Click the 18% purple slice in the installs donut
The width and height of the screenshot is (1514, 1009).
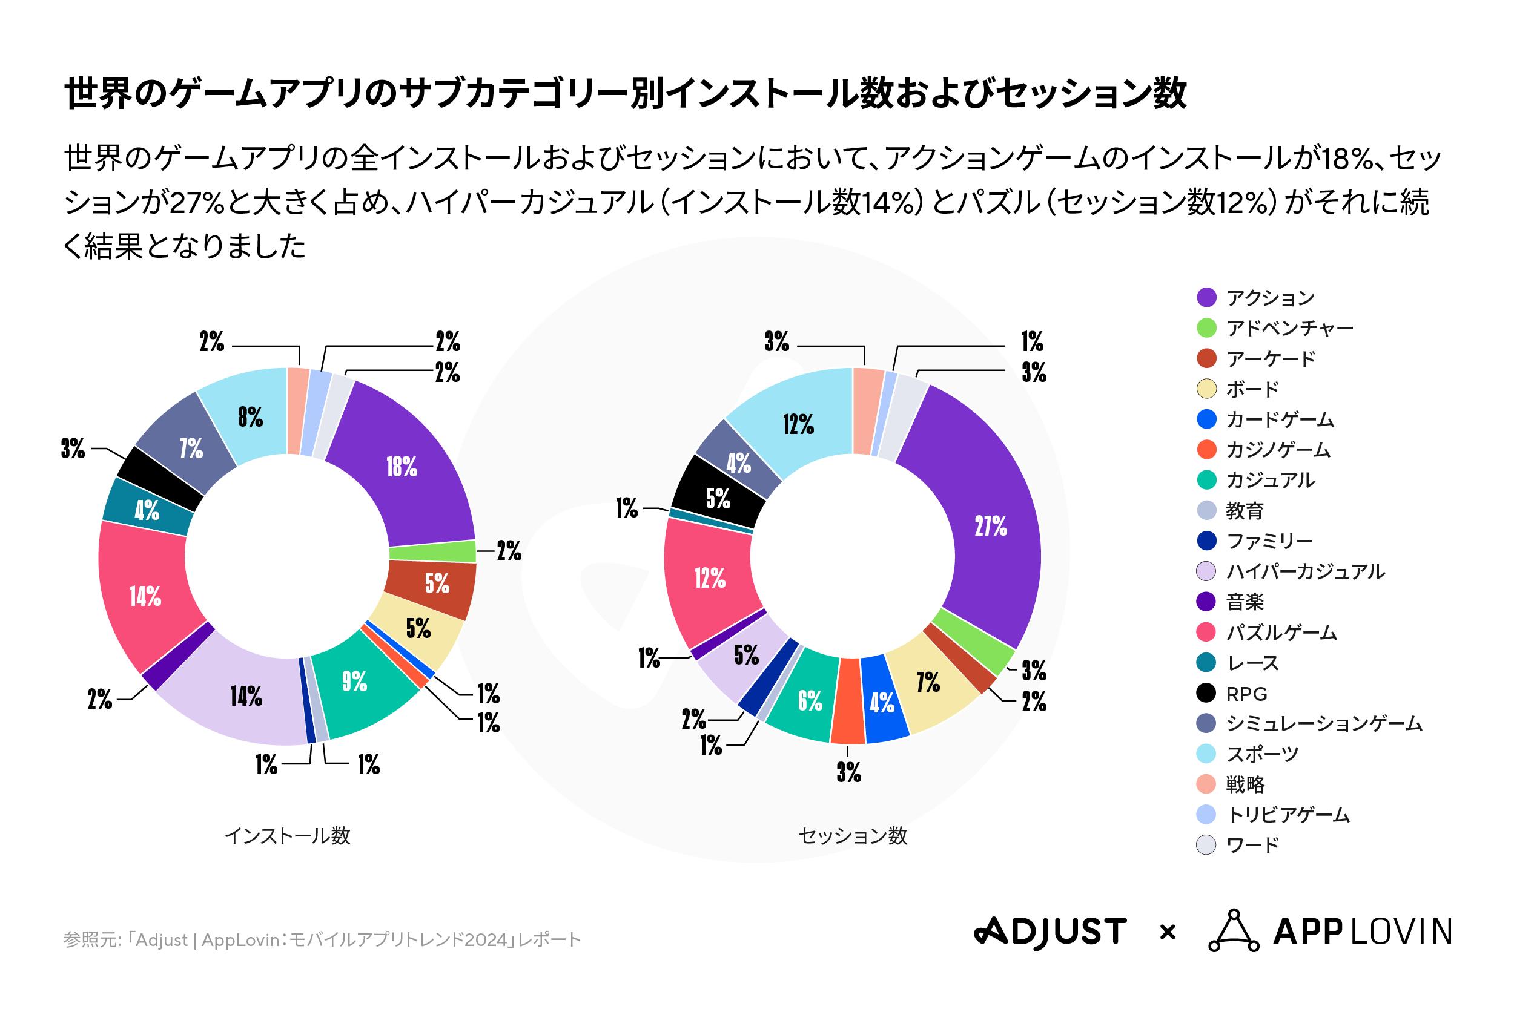click(402, 466)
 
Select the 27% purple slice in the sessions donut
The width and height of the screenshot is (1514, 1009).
click(990, 526)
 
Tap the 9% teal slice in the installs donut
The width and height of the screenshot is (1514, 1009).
click(355, 681)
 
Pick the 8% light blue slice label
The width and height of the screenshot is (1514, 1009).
click(250, 417)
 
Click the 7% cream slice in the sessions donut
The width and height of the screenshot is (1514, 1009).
click(928, 682)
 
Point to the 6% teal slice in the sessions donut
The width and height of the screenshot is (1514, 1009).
click(810, 701)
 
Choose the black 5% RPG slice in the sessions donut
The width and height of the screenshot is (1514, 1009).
click(718, 499)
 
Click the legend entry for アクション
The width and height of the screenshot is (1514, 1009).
click(1269, 298)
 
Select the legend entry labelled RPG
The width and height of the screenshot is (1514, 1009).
click(1246, 694)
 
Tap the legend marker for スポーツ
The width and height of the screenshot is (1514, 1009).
click(1206, 754)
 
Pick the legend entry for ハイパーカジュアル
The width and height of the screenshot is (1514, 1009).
click(1305, 571)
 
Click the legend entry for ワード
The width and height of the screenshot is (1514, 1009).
click(1252, 845)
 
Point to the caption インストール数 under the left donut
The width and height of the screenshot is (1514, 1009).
click(288, 836)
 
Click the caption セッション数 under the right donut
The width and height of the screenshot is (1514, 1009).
click(852, 836)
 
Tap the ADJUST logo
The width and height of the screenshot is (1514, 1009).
click(1051, 932)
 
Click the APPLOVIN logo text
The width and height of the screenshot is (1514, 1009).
click(1361, 932)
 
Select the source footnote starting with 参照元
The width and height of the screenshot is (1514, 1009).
click(322, 939)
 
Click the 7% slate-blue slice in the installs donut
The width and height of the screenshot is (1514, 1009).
click(191, 449)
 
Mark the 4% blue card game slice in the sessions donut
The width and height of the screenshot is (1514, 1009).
click(882, 703)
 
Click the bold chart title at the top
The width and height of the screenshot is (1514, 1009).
click(625, 93)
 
